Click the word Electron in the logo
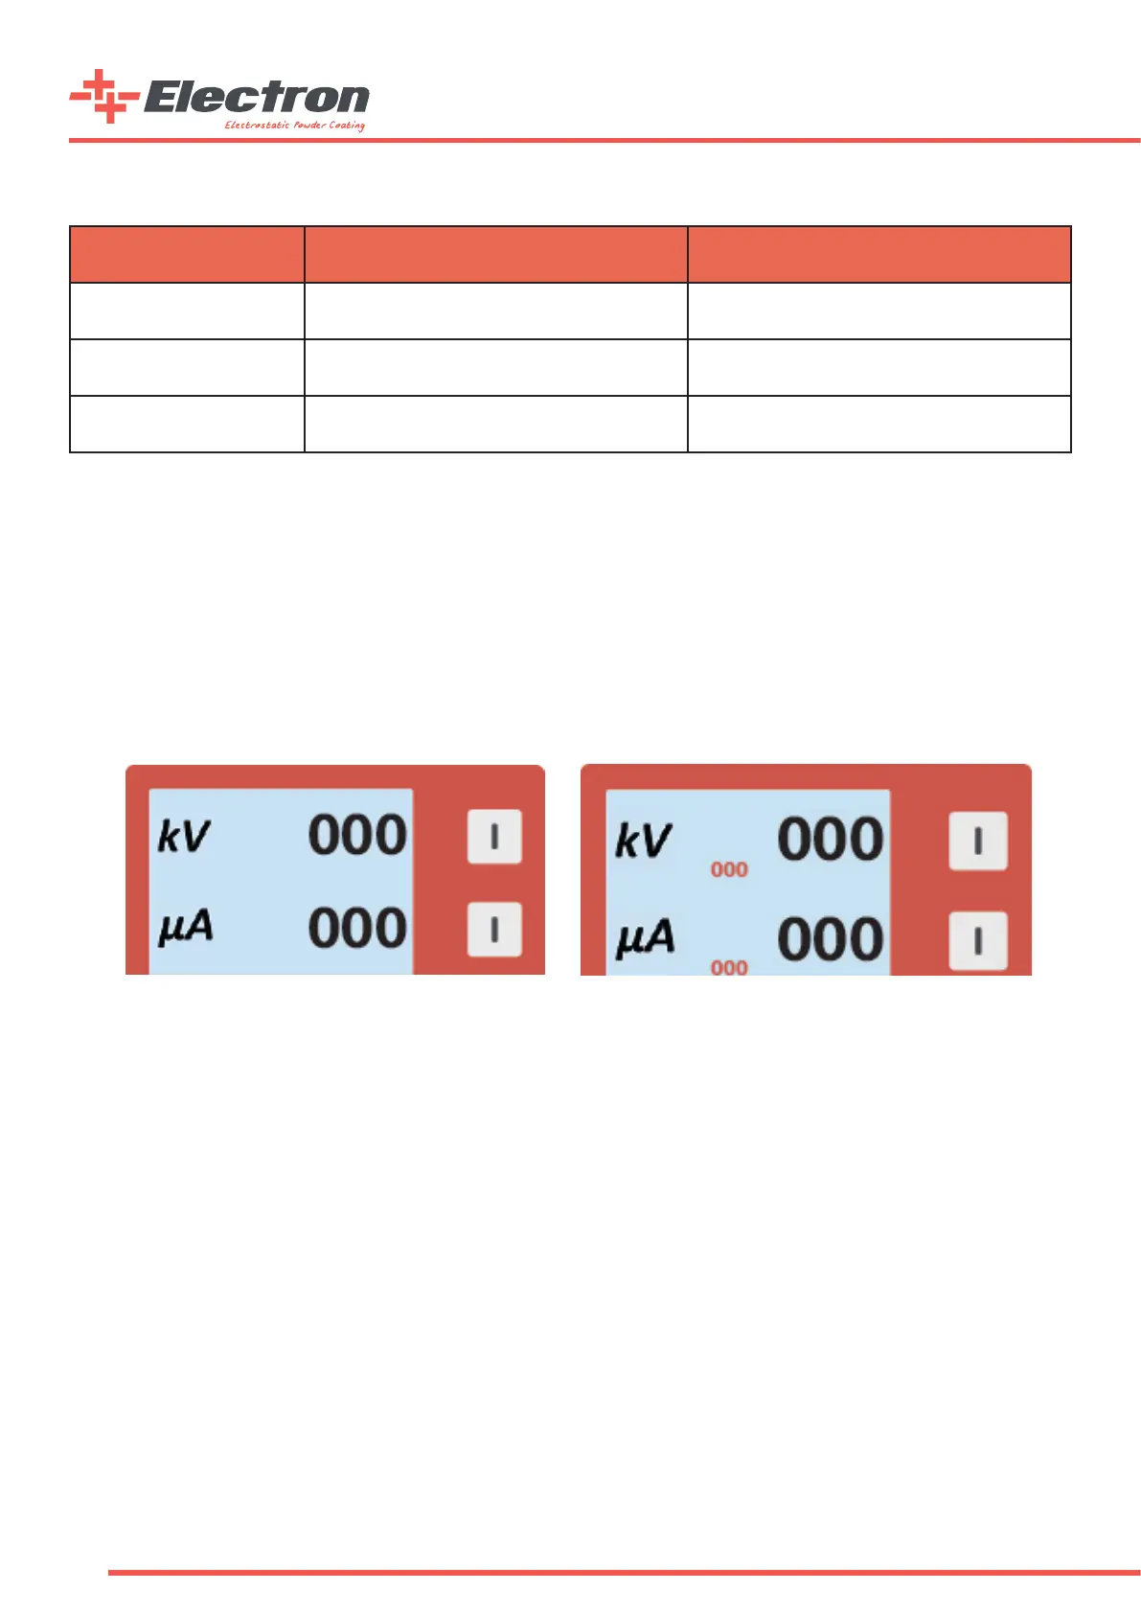click(x=257, y=98)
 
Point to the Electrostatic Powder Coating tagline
click(x=294, y=126)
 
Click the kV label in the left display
click(x=183, y=837)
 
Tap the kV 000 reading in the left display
click(x=357, y=835)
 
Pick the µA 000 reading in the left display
click(x=357, y=928)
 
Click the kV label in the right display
click(x=643, y=842)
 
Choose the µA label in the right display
click(x=645, y=938)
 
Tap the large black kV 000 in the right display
click(x=830, y=840)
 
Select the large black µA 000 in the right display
click(x=830, y=939)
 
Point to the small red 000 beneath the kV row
click(x=729, y=870)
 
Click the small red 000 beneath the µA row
click(x=729, y=968)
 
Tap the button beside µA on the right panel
click(x=977, y=941)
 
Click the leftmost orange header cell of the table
click(x=187, y=255)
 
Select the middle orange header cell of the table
click(x=495, y=255)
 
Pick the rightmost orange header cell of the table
click(x=879, y=255)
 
